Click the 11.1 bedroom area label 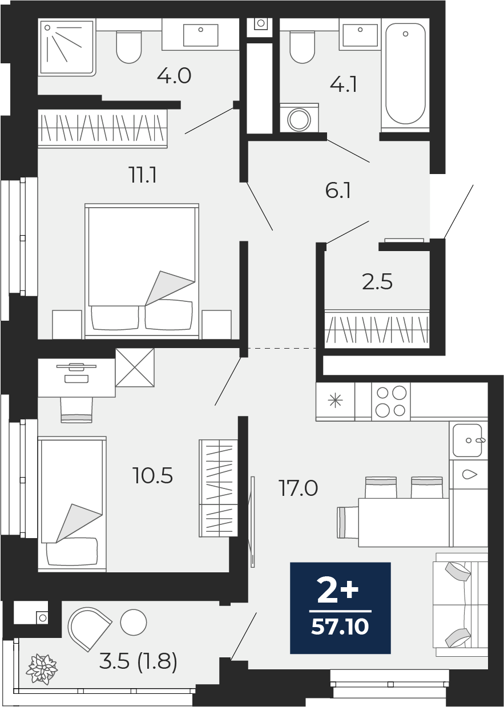click(x=143, y=175)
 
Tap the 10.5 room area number click(x=153, y=475)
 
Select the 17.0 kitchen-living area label click(x=298, y=488)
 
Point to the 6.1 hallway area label click(x=338, y=191)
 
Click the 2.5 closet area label click(x=377, y=281)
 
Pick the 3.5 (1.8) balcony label click(x=138, y=661)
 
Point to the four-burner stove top click(x=391, y=402)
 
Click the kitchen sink click(x=467, y=441)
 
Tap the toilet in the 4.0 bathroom click(x=129, y=47)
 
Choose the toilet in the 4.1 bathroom click(x=302, y=47)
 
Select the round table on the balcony click(x=133, y=623)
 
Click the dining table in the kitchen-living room click(x=404, y=522)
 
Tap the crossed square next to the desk click(x=135, y=367)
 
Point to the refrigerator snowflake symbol click(x=336, y=401)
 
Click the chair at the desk click(x=76, y=410)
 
